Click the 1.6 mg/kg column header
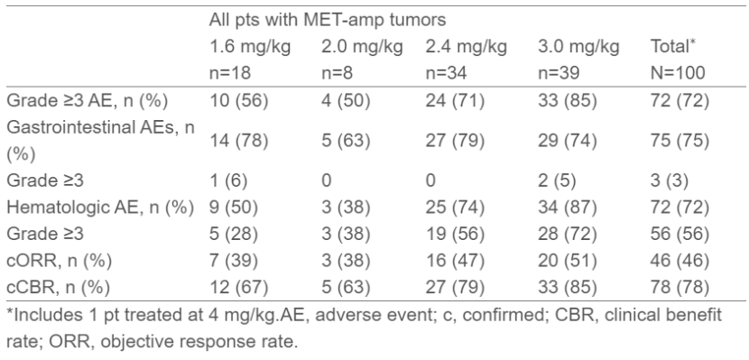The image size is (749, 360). point(250,47)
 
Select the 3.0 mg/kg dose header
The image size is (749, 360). point(578,47)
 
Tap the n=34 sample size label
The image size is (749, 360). point(447,72)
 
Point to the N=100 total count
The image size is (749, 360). point(678,72)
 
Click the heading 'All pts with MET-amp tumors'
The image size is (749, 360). point(328,20)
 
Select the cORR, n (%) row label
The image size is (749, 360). point(59,261)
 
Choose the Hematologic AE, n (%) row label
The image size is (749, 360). point(100,208)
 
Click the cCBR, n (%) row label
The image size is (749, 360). point(58,288)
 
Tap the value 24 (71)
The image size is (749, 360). point(455,101)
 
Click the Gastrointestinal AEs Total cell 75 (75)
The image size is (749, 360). point(680,142)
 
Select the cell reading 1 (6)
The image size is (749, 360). point(228,181)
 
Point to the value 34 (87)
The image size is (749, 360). point(567,208)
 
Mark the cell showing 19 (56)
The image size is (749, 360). point(455,234)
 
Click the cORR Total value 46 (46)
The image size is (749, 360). point(680,261)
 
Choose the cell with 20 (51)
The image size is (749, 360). point(567,261)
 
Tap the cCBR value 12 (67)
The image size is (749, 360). point(239,288)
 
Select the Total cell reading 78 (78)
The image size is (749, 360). point(680,288)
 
